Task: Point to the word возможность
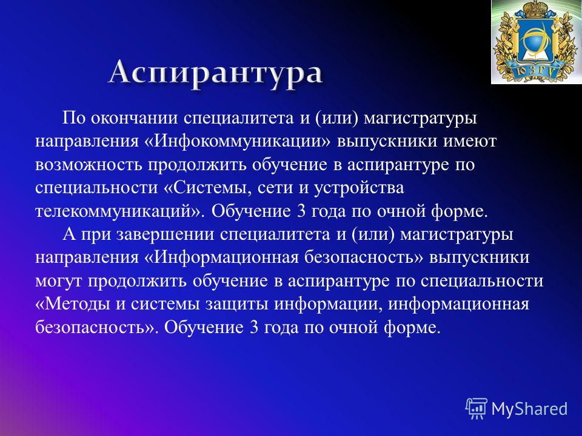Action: point(89,165)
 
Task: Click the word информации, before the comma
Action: point(329,305)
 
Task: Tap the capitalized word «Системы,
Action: point(207,188)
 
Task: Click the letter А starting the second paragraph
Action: point(69,235)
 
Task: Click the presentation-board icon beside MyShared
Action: point(477,409)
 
